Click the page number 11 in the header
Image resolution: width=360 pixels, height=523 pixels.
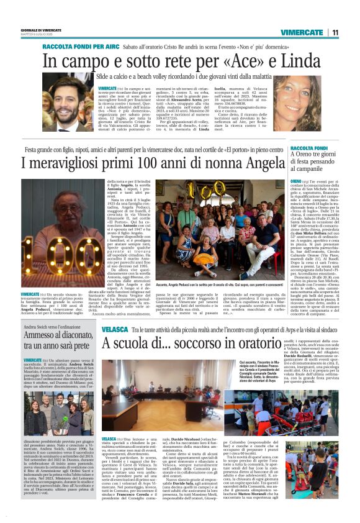click(335, 32)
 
